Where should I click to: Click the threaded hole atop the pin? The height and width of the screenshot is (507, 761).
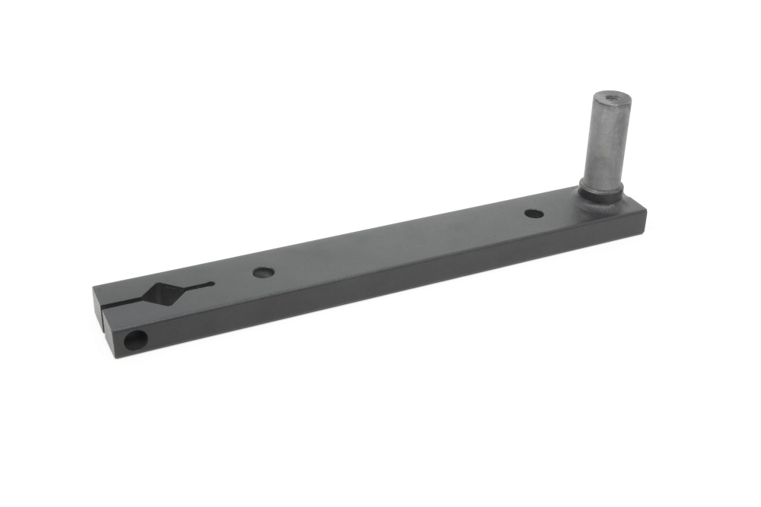click(611, 97)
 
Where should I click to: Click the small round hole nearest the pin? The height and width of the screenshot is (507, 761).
click(534, 214)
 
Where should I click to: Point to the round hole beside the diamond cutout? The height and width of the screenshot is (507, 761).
click(263, 271)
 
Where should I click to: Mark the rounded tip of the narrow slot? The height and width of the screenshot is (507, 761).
click(211, 284)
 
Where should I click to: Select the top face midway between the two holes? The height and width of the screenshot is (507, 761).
click(396, 243)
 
